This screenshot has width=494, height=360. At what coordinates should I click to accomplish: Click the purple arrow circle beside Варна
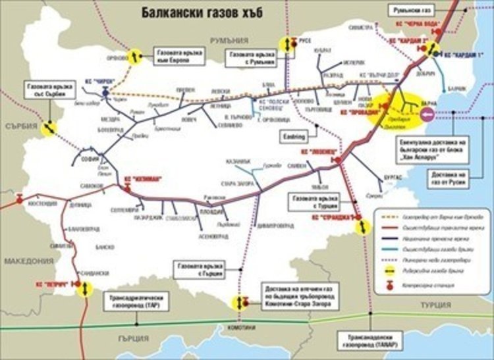(427, 116)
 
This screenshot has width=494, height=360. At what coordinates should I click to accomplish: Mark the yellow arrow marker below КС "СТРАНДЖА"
(362, 226)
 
